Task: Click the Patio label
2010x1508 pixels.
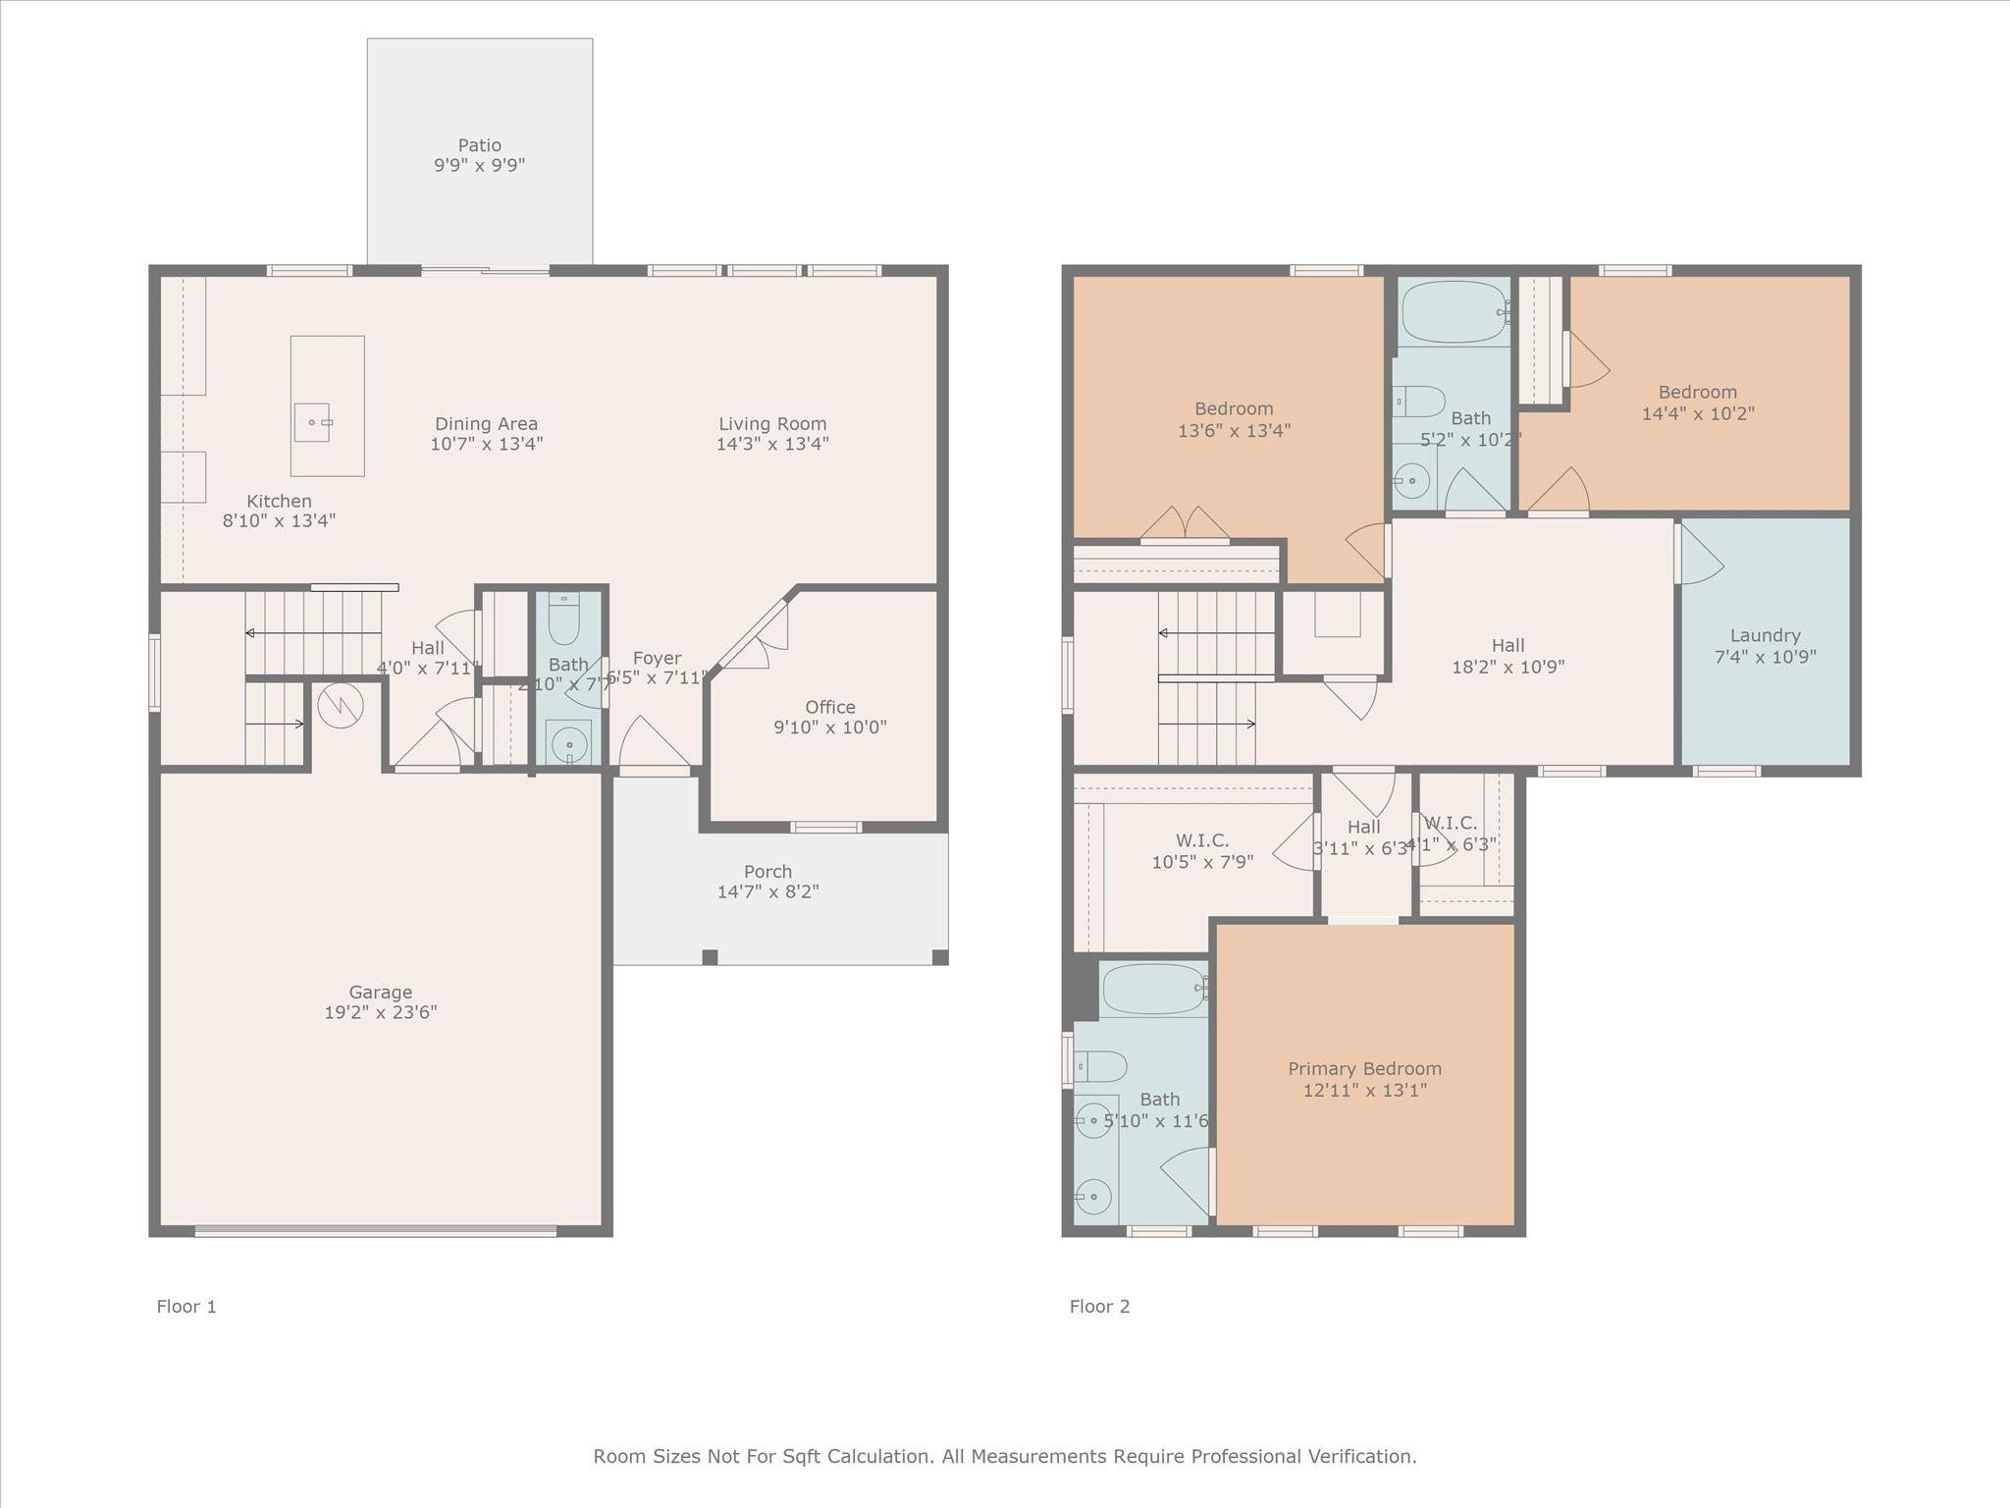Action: tap(479, 145)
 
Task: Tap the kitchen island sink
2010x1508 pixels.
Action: tap(312, 422)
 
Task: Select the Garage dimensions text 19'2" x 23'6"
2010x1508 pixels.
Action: tap(381, 1012)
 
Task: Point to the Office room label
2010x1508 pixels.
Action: tap(830, 707)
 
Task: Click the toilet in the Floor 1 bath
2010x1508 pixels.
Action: tap(563, 618)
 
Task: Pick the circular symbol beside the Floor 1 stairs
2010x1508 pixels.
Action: tap(341, 705)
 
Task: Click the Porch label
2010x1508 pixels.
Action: tap(767, 872)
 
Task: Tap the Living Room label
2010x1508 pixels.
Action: tap(772, 424)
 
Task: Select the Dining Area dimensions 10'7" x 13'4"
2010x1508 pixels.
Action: tap(487, 444)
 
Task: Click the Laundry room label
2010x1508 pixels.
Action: tap(1765, 635)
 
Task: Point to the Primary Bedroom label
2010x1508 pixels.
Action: tap(1364, 1069)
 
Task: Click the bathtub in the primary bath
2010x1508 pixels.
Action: tap(1153, 990)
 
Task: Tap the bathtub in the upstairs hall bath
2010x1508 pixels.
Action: tap(1454, 312)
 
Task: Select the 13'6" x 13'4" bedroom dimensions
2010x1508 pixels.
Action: tap(1234, 430)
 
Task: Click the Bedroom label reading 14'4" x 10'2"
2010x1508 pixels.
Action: tap(1697, 392)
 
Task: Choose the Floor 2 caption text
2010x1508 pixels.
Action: tap(1099, 1307)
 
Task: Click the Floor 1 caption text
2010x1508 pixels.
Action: tap(186, 1307)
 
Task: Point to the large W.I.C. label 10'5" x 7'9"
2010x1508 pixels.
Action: tap(1202, 840)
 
